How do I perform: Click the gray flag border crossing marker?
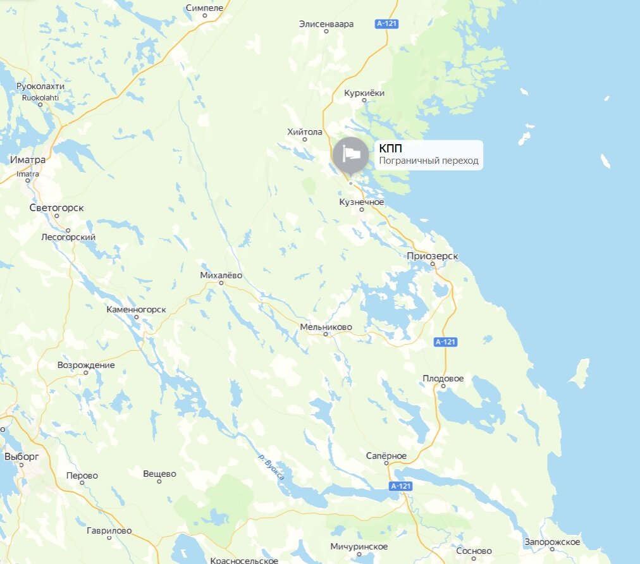point(350,154)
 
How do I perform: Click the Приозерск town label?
point(433,256)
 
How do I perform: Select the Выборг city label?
point(22,456)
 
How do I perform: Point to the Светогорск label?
point(56,207)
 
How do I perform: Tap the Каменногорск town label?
point(136,309)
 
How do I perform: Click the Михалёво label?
point(221,275)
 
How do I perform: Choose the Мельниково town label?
point(326,327)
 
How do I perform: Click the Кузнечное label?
point(362,202)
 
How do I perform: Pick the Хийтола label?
point(304,132)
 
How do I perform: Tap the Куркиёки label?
point(364,93)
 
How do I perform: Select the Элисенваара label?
point(326,24)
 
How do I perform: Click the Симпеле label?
point(205,8)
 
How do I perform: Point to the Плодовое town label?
point(443,378)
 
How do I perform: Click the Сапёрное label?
point(386,456)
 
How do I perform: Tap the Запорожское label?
point(552,542)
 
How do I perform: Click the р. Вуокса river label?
point(271,468)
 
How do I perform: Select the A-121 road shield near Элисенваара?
point(386,24)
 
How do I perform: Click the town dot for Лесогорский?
point(68,230)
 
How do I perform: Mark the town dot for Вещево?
point(159,482)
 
